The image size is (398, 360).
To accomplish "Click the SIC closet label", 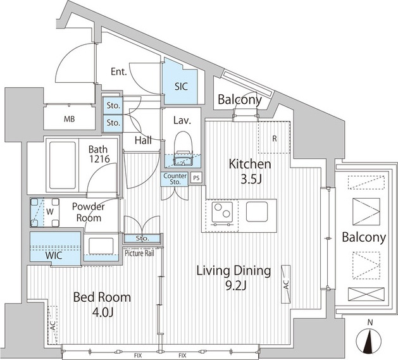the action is click(x=181, y=87).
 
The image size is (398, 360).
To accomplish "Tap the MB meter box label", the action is click(x=70, y=119).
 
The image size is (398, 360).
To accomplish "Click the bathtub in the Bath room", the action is click(x=63, y=165).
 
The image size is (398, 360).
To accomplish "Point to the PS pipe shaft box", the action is click(x=196, y=178).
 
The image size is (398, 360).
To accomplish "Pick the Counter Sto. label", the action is click(x=175, y=178).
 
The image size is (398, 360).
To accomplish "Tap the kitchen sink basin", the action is click(x=257, y=211).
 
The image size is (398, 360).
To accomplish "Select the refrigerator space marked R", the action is click(x=274, y=137).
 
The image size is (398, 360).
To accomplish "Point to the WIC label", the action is click(x=54, y=255).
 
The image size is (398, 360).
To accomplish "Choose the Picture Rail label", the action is click(x=139, y=253).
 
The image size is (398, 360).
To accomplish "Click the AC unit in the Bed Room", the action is click(x=53, y=325).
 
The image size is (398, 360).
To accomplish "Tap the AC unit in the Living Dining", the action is click(x=286, y=284).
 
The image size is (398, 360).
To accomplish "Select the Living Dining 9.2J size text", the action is click(x=236, y=285).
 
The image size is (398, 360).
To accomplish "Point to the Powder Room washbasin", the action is click(x=101, y=246).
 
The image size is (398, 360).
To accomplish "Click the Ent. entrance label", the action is click(x=119, y=71).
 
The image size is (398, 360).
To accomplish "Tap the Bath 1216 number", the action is click(x=99, y=159).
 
